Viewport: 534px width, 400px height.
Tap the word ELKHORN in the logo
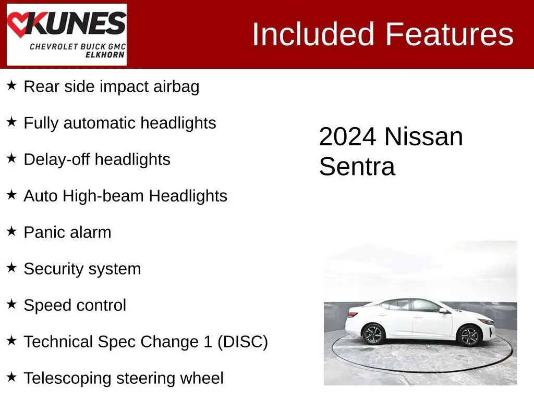pyautogui.click(x=105, y=55)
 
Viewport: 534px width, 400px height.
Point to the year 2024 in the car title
pyautogui.click(x=348, y=137)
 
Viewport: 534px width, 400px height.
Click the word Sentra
pyautogui.click(x=357, y=166)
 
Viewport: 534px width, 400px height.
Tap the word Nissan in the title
pyautogui.click(x=423, y=137)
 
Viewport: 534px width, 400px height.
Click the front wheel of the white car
pyautogui.click(x=469, y=335)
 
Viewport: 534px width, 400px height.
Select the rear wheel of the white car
pyautogui.click(x=373, y=334)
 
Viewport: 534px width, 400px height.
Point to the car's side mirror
pyautogui.click(x=443, y=310)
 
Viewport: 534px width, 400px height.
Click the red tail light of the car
pyautogui.click(x=353, y=314)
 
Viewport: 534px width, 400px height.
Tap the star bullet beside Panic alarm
pyautogui.click(x=11, y=231)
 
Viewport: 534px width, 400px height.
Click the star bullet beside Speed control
pyautogui.click(x=11, y=304)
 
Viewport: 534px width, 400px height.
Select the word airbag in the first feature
pyautogui.click(x=176, y=87)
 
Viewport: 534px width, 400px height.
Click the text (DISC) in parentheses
pyautogui.click(x=242, y=342)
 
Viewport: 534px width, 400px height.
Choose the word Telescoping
pyautogui.click(x=67, y=379)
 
